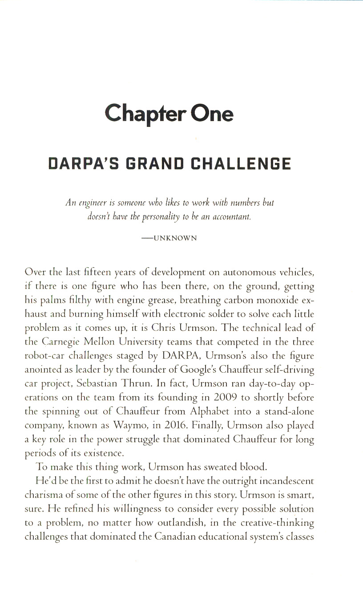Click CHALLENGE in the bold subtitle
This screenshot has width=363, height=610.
click(241, 163)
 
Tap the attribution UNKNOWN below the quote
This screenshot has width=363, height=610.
click(175, 238)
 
